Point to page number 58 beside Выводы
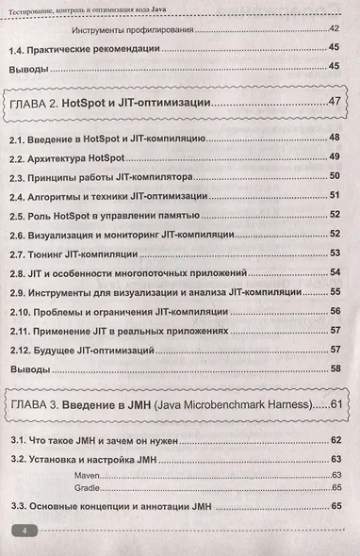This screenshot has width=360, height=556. coord(335,368)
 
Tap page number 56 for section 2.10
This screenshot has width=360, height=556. coord(335,310)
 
